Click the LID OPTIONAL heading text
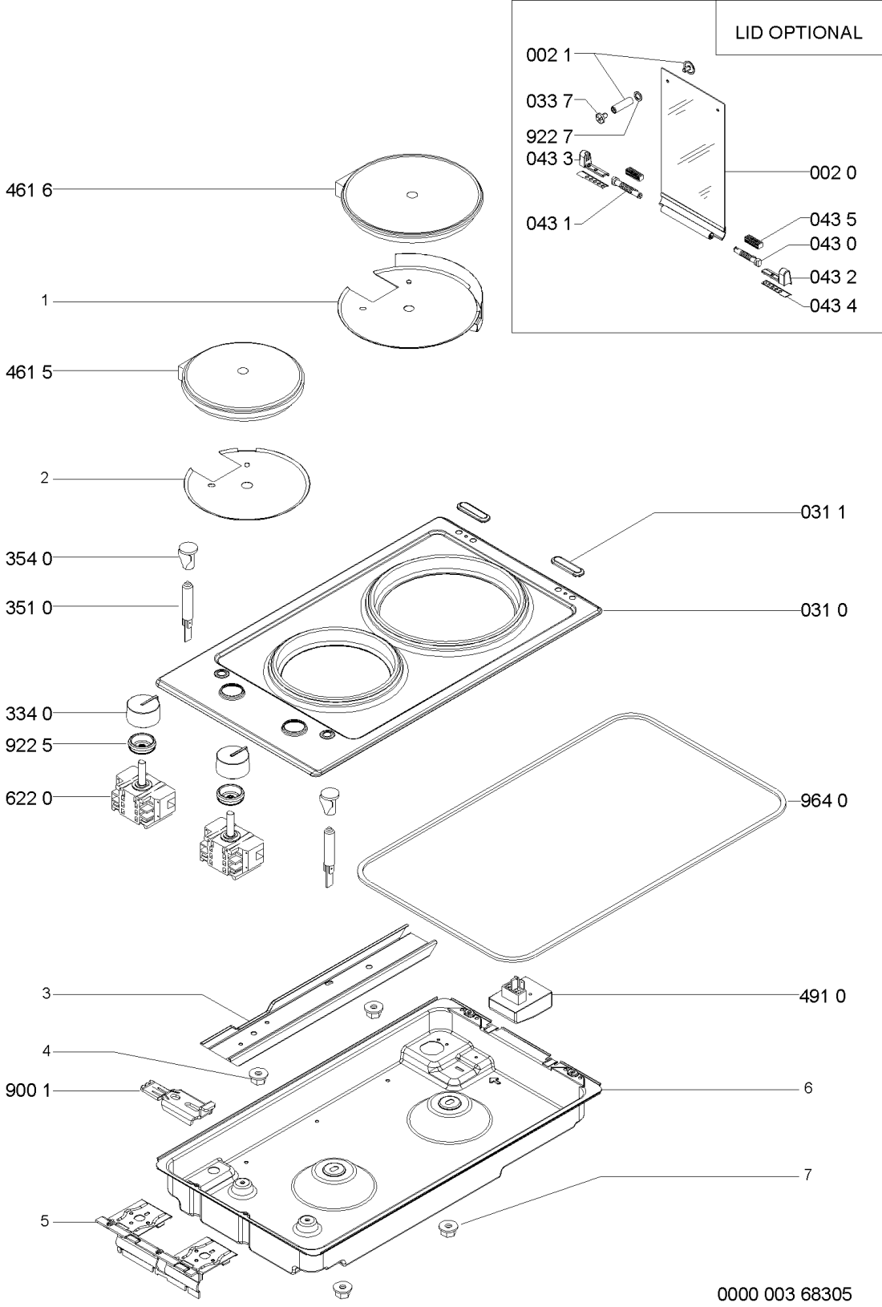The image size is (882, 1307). (x=798, y=33)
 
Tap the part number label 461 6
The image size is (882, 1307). (x=29, y=190)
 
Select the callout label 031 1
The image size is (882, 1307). (x=823, y=512)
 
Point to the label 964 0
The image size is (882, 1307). (x=823, y=800)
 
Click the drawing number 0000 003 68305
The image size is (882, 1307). (x=784, y=1293)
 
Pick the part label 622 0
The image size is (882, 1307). (x=29, y=798)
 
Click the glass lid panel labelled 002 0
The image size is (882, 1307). (x=692, y=156)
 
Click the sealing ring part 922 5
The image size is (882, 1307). (x=143, y=745)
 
